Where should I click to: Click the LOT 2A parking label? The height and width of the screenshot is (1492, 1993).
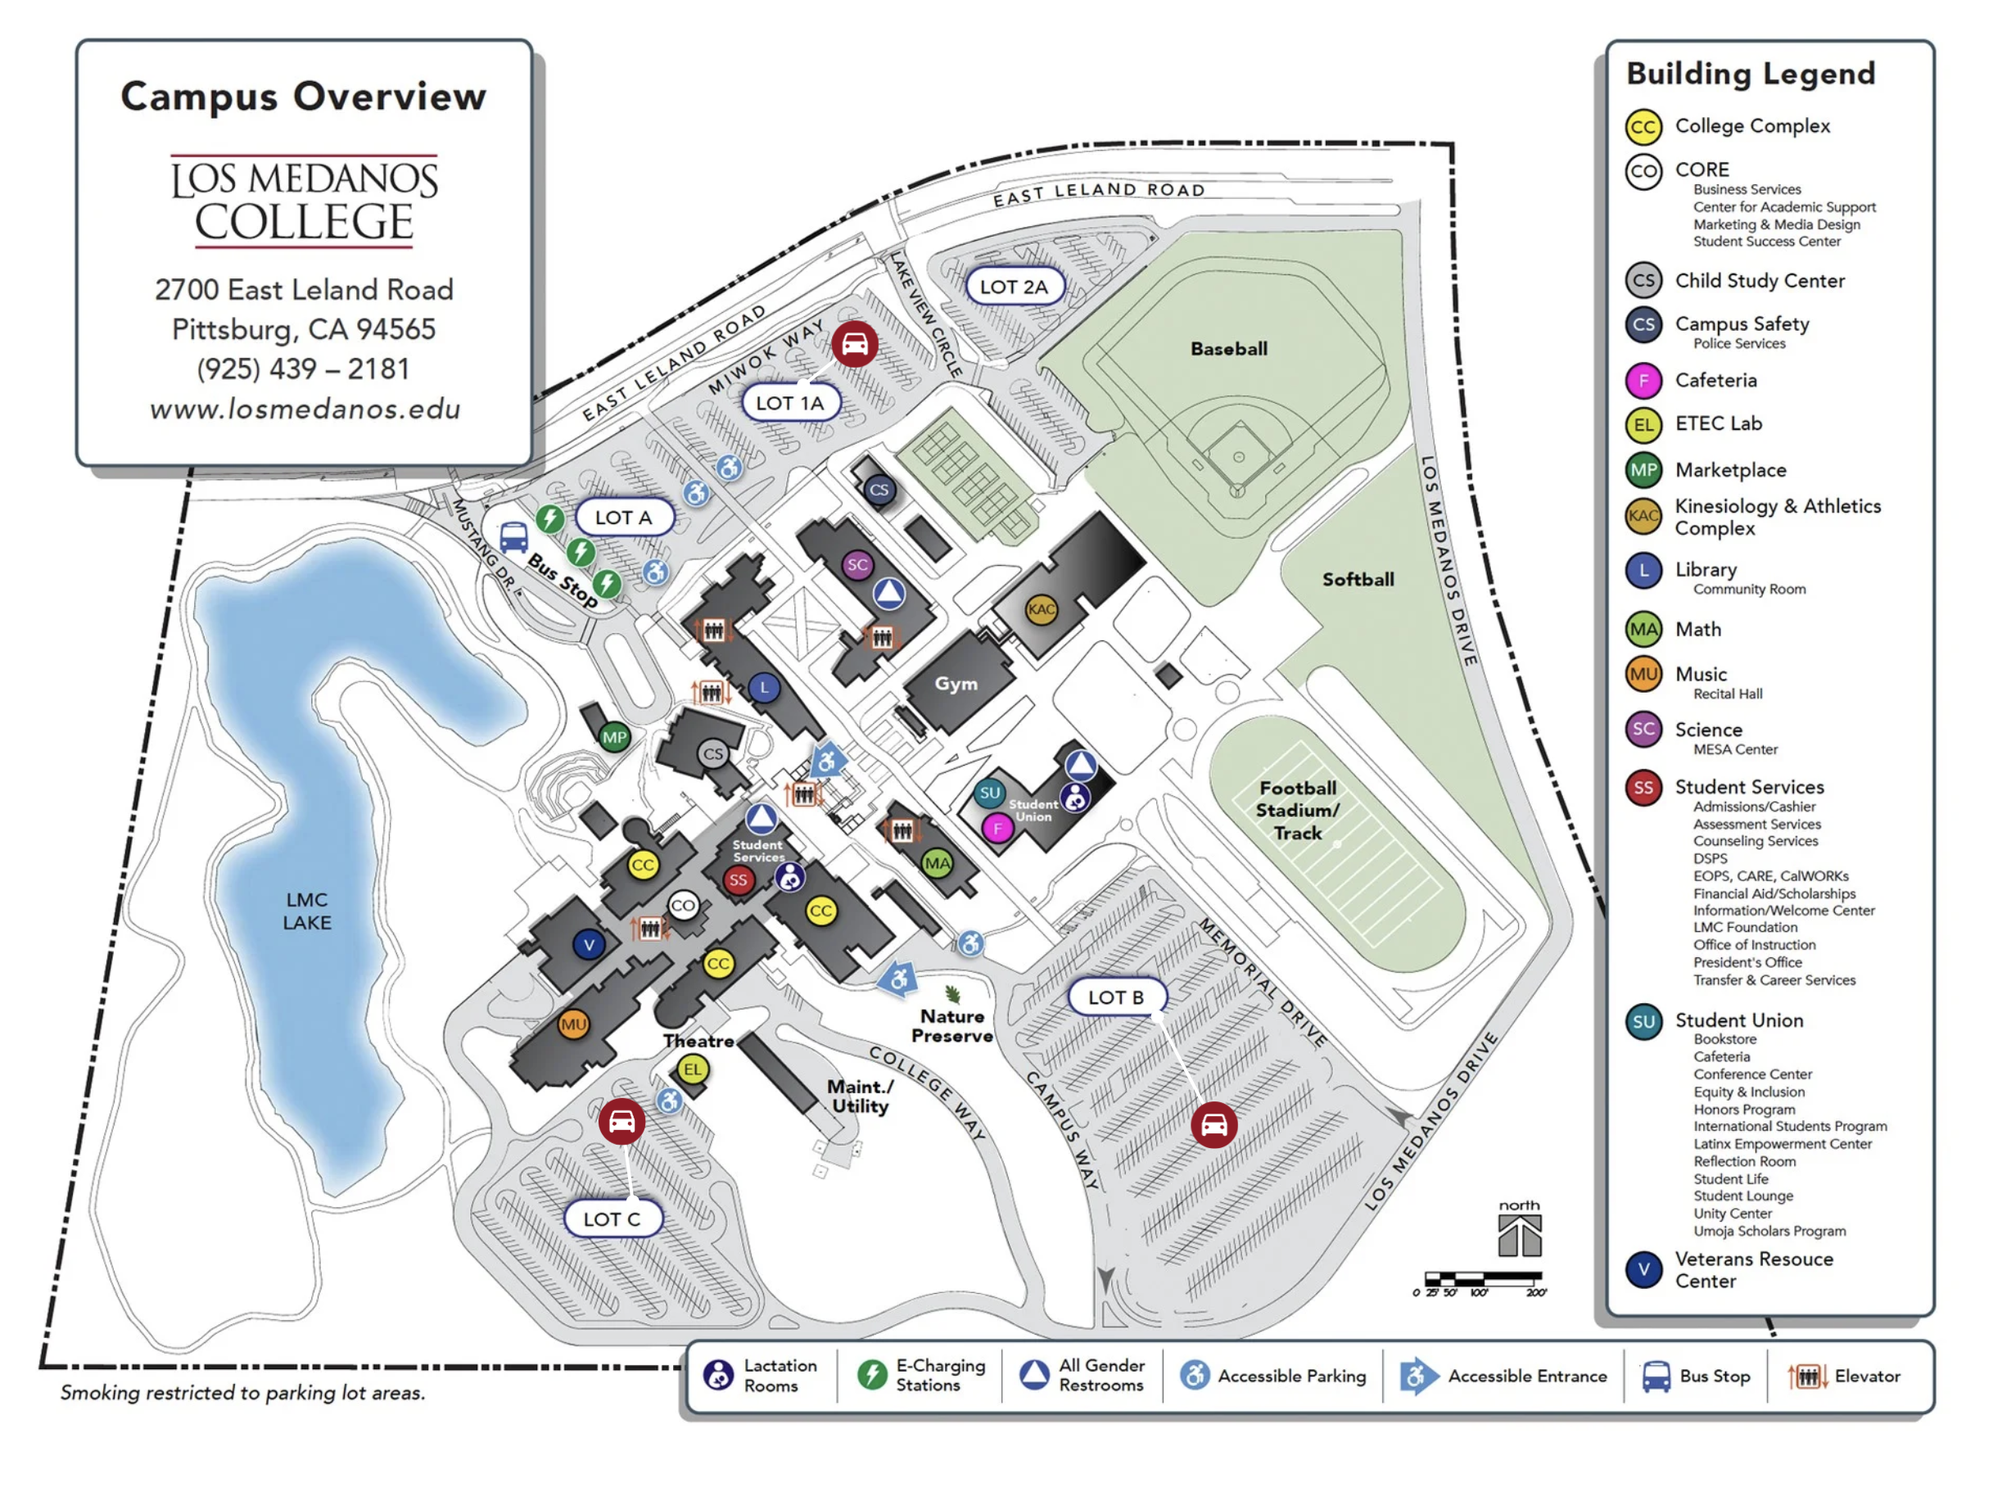[x=1014, y=287]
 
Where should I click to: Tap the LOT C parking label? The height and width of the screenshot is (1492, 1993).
[x=612, y=1218]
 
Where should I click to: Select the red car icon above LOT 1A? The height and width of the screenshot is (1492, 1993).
[x=854, y=343]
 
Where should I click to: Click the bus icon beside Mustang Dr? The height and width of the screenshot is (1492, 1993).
[x=513, y=537]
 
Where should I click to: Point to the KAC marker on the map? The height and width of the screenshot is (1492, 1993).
[x=1041, y=609]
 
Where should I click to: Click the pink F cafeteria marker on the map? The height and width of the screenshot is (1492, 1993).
[x=996, y=828]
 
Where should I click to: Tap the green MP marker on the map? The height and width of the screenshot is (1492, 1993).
[x=614, y=737]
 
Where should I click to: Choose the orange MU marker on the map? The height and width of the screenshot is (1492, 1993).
[x=573, y=1024]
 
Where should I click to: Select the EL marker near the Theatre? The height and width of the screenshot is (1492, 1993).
[x=692, y=1069]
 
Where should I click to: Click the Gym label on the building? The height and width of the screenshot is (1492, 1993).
[x=956, y=683]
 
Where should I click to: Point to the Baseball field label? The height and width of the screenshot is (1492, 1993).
[x=1228, y=349]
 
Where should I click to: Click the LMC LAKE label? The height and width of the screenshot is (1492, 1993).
[x=307, y=910]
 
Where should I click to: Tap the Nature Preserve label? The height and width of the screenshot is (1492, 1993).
[x=951, y=1025]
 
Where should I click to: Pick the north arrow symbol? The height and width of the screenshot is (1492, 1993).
[x=1519, y=1234]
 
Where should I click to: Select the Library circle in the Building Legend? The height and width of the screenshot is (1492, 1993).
[x=1643, y=570]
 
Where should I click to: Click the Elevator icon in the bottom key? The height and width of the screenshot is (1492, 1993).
[x=1807, y=1376]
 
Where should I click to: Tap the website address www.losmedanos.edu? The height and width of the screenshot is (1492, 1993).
[x=305, y=409]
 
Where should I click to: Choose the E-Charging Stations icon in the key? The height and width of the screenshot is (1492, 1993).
[x=871, y=1375]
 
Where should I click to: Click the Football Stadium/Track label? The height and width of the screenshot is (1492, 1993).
[x=1298, y=810]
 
